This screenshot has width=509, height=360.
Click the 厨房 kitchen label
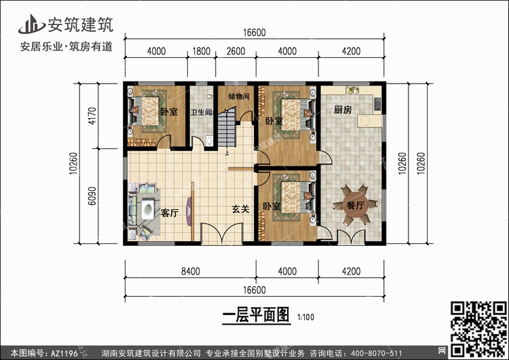(x=342, y=109)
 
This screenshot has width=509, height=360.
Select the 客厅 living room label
(x=170, y=213)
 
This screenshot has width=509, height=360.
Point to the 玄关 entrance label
(x=241, y=209)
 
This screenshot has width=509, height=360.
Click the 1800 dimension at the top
(x=202, y=50)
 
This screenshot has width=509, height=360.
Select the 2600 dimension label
(x=235, y=50)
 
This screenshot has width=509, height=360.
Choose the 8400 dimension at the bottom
(x=190, y=272)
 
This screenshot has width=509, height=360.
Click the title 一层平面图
(x=255, y=315)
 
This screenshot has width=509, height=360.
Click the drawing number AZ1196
(x=65, y=353)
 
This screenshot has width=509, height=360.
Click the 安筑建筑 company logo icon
(x=28, y=24)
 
